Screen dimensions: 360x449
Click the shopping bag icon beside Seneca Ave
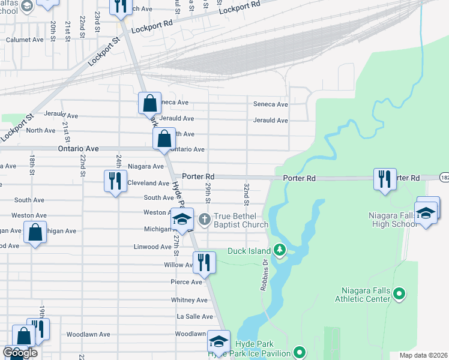149,103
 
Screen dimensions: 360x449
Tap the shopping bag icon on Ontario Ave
164,139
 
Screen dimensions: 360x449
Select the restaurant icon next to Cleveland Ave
115,181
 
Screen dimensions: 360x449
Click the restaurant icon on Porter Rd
385,179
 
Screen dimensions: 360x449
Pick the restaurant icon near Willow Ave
203,262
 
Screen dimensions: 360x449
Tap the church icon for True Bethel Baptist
204,219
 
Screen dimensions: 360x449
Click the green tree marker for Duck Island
279,249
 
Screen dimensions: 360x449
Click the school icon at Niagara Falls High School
426,214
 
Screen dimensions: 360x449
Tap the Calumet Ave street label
25,40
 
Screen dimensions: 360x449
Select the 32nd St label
246,191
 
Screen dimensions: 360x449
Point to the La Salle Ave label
194,316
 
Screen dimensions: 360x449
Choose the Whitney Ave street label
189,300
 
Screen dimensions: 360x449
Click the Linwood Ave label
151,247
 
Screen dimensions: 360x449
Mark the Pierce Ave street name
186,282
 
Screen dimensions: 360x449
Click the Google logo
20,353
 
